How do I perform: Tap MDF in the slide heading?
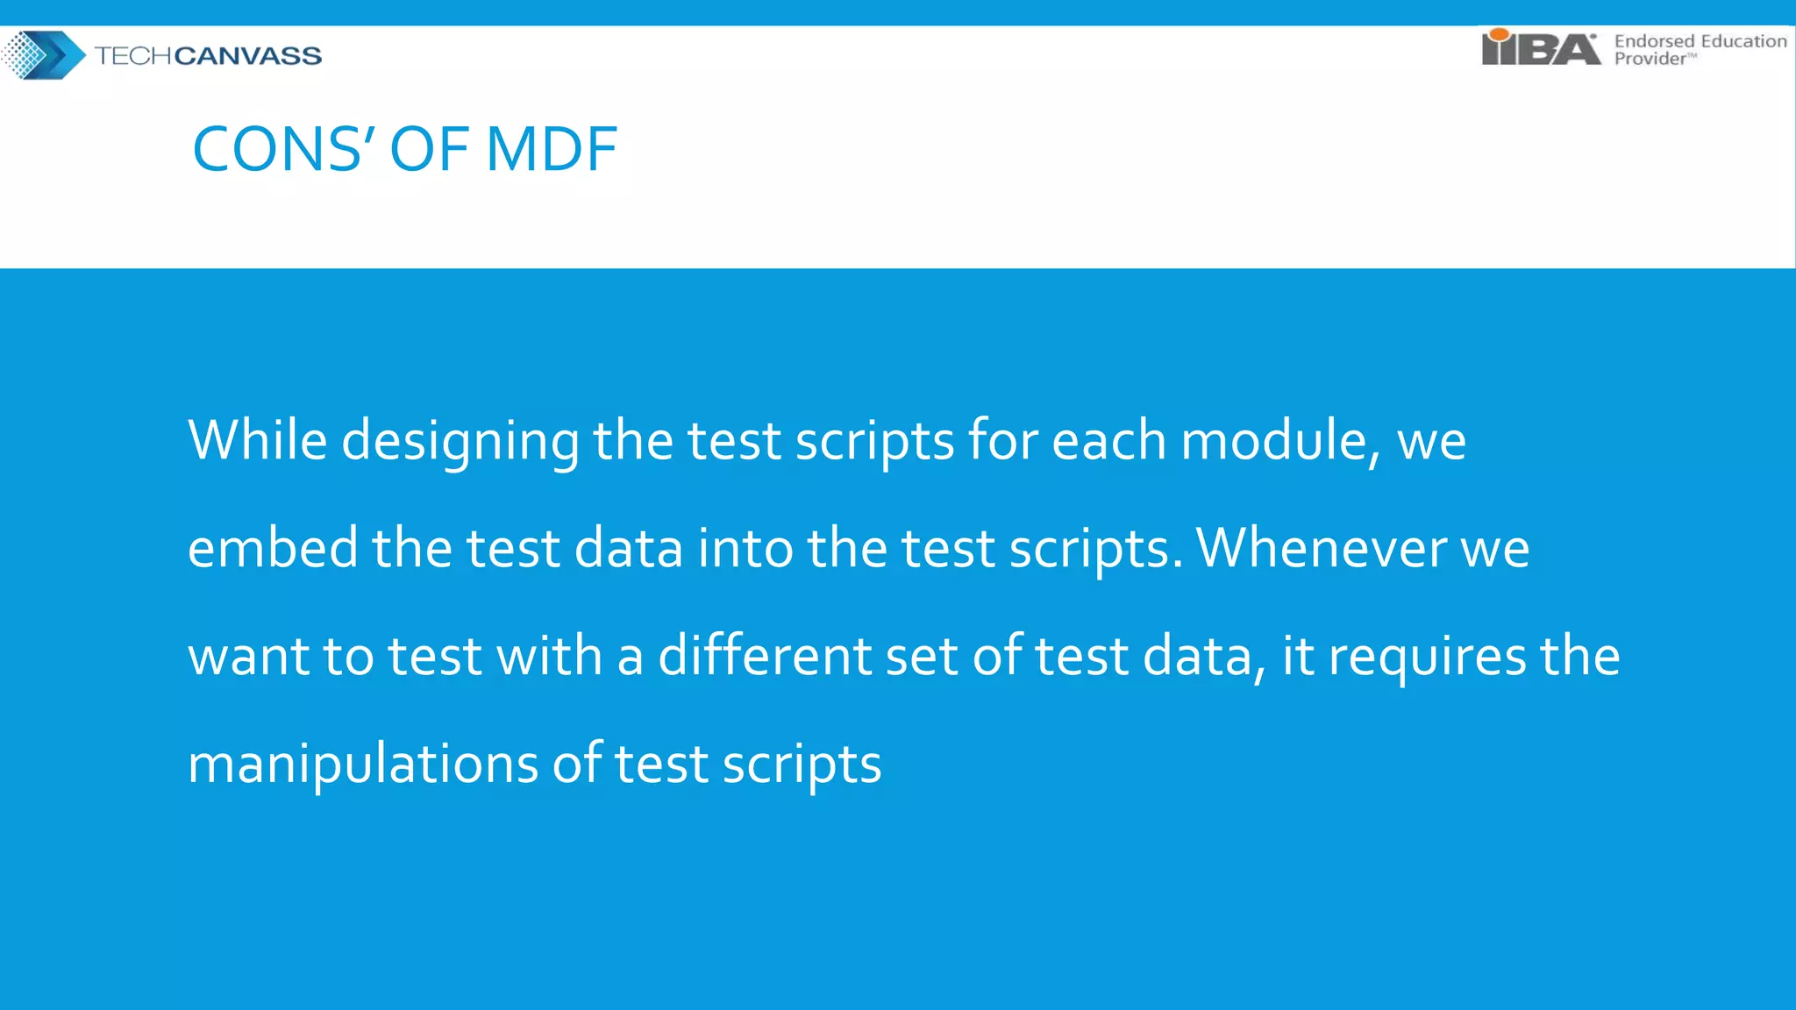click(x=552, y=149)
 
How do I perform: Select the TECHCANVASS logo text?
click(x=208, y=56)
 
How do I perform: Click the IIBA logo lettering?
click(x=1540, y=49)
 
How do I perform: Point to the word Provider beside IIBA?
click(x=1650, y=59)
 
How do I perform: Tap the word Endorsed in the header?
click(x=1654, y=40)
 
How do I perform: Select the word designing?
click(x=460, y=441)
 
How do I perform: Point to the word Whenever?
click(x=1321, y=548)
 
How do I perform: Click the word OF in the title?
click(x=429, y=149)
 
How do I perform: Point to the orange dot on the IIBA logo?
click(x=1499, y=34)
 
